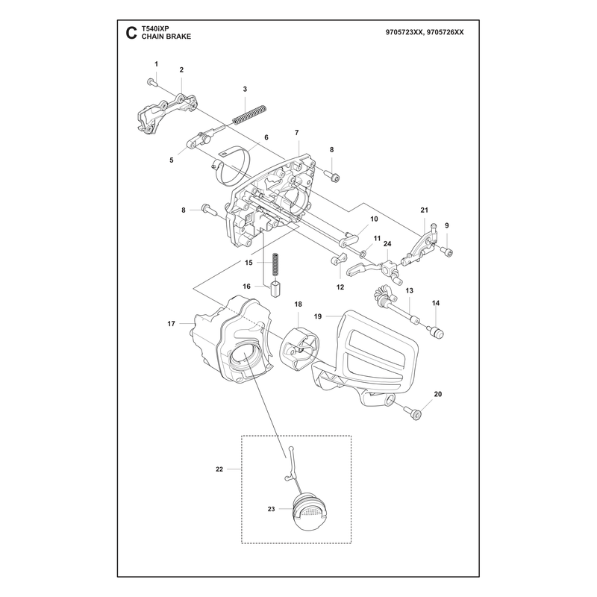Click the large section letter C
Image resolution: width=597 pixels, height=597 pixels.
[131, 33]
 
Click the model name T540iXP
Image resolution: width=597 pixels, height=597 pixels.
[155, 28]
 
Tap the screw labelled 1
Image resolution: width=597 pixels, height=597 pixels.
[151, 82]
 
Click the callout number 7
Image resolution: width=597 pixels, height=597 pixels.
[296, 133]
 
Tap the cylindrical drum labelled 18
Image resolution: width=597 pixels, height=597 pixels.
[299, 349]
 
